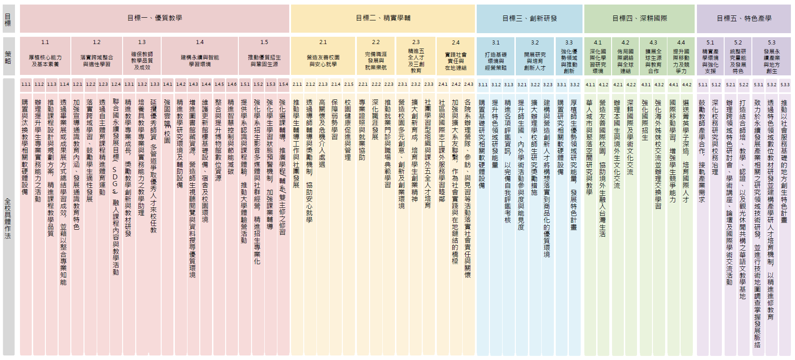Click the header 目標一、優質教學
pos(154,18)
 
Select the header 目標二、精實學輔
pos(383,18)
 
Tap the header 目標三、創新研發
pos(529,18)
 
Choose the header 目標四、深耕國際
pos(639,18)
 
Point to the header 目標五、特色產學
pos(744,18)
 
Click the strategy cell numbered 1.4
pos(200,56)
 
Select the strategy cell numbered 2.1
pos(323,56)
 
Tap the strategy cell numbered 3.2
pos(535,56)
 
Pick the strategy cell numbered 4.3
pos(653,56)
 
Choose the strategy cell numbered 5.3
pos(771,56)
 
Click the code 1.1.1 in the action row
pos(26,84)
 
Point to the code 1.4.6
pos(232,84)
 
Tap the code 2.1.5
pos(349,84)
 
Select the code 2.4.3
pos(469,84)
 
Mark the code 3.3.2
pos(575,84)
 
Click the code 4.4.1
pos(674,84)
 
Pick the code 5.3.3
pos(785,84)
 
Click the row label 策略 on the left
pos(8,56)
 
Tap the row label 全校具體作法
pos(8,218)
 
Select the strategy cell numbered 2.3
pos(416,56)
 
